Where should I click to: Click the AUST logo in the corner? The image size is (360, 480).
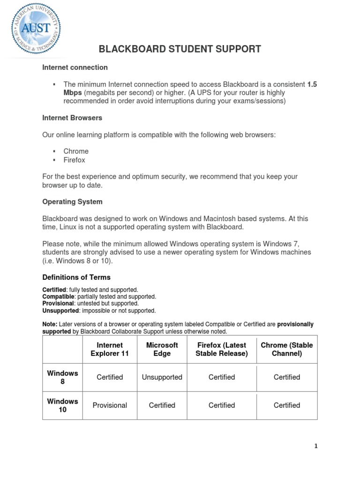[37, 29]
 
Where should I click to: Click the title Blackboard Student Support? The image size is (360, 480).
[180, 49]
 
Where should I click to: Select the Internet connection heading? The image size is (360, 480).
[75, 67]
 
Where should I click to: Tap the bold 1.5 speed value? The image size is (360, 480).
[312, 84]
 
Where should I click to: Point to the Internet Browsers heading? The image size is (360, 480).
[72, 118]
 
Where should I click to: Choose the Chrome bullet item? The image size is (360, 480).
[76, 151]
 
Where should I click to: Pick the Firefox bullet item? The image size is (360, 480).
[75, 160]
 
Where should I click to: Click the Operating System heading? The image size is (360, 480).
[72, 202]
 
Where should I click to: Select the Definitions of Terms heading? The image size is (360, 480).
[76, 277]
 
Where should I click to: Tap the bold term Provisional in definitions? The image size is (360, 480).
[58, 303]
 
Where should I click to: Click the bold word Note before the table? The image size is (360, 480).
[50, 324]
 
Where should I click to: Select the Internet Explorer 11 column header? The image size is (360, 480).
[110, 349]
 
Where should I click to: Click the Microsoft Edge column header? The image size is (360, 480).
[162, 349]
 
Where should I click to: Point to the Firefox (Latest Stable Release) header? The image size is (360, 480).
[222, 349]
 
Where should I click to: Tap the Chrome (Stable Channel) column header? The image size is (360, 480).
[287, 349]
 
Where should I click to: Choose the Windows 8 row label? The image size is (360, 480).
[62, 377]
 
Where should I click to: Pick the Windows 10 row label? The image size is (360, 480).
[62, 405]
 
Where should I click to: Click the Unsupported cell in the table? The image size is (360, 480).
[162, 377]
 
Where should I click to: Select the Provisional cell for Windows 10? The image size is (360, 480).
[110, 405]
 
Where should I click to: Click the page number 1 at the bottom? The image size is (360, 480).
[316, 446]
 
